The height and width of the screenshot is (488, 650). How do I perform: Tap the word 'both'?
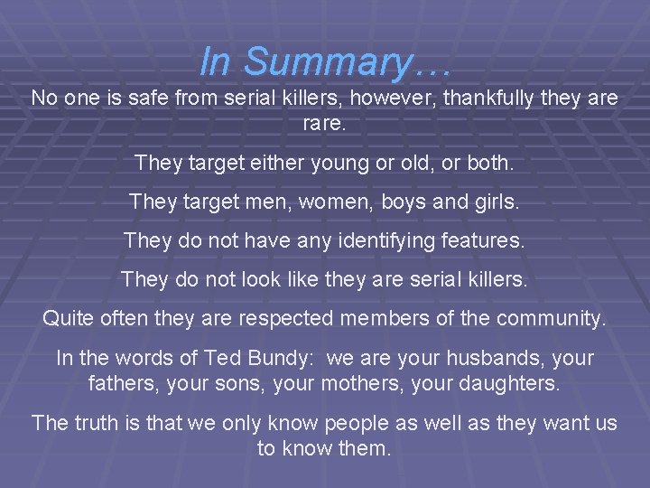[x=490, y=164]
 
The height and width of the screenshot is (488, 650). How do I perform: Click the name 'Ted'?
[x=218, y=358]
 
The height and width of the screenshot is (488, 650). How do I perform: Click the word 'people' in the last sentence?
[x=358, y=422]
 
